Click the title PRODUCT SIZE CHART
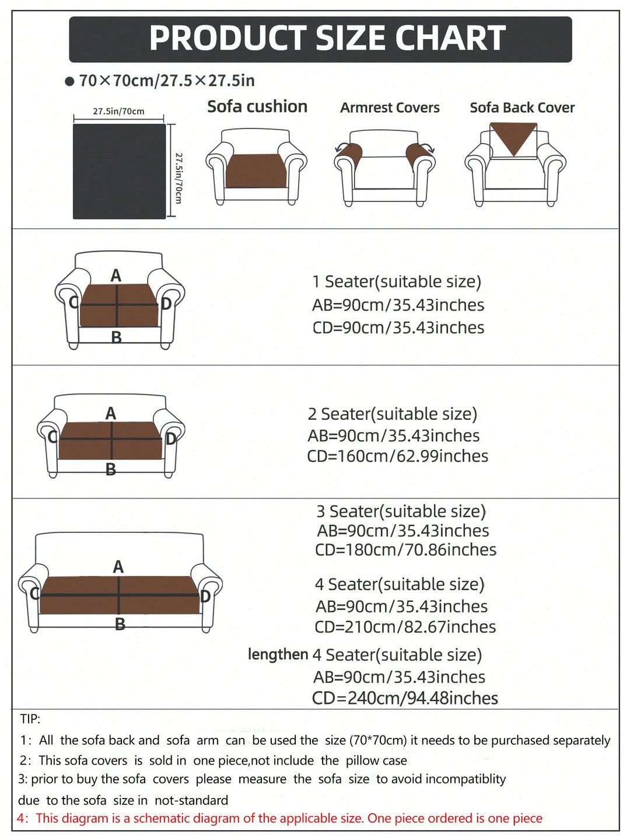click(x=327, y=38)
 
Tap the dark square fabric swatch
click(x=119, y=171)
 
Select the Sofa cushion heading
click(x=257, y=107)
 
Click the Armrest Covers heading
click(x=390, y=108)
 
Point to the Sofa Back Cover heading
click(x=522, y=108)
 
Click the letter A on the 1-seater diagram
click(x=116, y=276)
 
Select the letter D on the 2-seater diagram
click(x=171, y=438)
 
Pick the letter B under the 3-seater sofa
click(x=120, y=625)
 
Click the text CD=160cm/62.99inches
click(x=398, y=456)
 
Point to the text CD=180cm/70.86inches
click(x=405, y=550)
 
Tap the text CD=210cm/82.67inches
click(x=405, y=627)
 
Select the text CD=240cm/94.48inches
click(x=405, y=698)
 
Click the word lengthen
click(x=278, y=655)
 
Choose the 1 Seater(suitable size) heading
click(x=397, y=282)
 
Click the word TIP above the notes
click(x=30, y=719)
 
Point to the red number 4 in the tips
click(x=22, y=818)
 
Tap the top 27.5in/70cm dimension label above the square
click(x=118, y=111)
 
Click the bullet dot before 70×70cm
click(x=69, y=82)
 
